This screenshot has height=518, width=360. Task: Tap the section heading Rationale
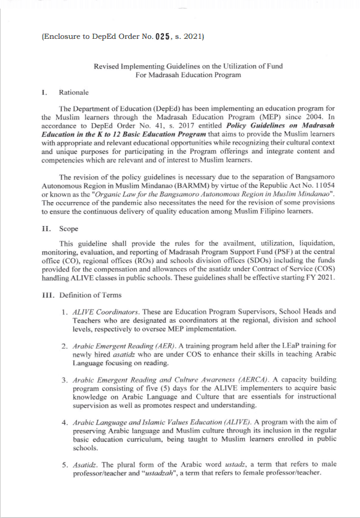coord(73,92)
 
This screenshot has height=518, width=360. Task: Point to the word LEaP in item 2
coord(276,346)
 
